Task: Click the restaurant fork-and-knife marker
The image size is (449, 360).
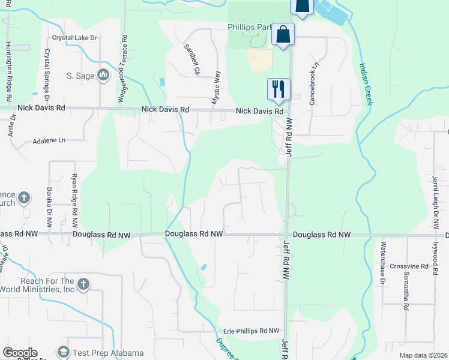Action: [x=278, y=89]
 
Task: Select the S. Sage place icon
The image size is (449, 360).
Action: [x=103, y=74]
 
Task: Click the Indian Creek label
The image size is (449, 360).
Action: [x=366, y=84]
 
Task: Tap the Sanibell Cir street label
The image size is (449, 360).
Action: [x=191, y=59]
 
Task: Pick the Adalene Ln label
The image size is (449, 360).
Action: [x=45, y=140]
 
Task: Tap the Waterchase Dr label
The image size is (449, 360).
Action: [x=384, y=258]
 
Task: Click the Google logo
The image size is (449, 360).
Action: [x=20, y=353]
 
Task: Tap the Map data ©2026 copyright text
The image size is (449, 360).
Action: [x=423, y=355]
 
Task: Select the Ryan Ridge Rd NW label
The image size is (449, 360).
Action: [x=74, y=195]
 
